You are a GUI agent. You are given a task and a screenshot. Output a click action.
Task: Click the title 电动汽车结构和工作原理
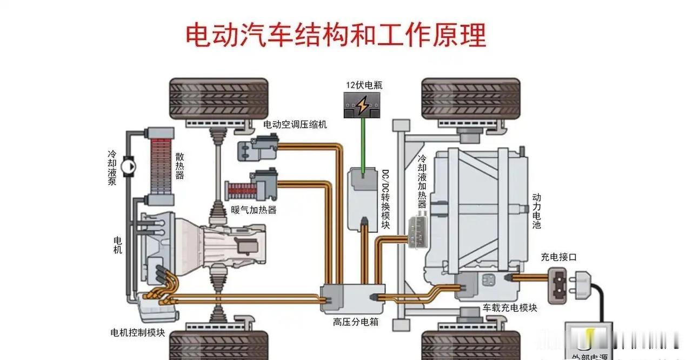click(x=336, y=36)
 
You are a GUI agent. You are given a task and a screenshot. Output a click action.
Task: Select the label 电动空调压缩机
click(x=295, y=125)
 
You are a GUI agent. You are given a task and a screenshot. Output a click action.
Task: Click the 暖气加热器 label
click(x=254, y=210)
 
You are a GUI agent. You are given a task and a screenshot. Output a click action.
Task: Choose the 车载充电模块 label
click(x=510, y=308)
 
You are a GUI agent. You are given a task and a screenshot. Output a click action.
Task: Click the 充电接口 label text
click(x=558, y=257)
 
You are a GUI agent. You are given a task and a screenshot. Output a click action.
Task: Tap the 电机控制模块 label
click(x=137, y=332)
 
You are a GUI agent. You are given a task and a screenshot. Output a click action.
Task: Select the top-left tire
click(x=218, y=98)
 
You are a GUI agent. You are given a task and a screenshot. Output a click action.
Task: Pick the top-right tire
click(x=470, y=98)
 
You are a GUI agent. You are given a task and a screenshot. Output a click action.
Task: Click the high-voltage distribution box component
click(x=352, y=297)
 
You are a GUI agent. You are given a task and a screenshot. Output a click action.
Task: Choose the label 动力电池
click(x=536, y=211)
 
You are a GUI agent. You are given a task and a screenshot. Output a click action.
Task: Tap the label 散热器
click(x=179, y=165)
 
